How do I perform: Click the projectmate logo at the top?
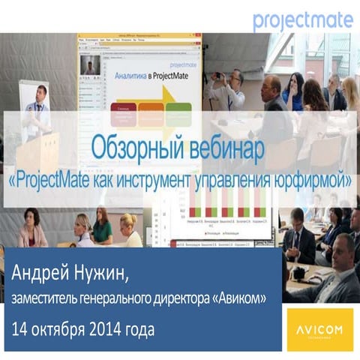(x=302, y=20)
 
